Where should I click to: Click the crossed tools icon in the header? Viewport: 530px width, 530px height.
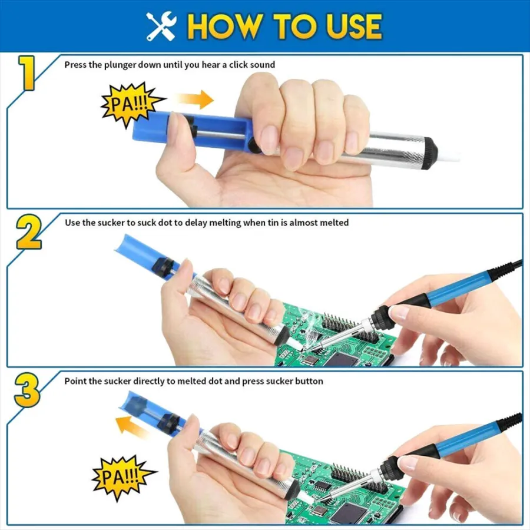point(161,26)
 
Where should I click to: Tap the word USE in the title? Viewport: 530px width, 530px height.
point(354,26)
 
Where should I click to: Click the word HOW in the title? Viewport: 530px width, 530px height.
point(225,26)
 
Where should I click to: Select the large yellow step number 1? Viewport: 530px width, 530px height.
point(27,73)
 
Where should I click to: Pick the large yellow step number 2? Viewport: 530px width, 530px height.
point(29,233)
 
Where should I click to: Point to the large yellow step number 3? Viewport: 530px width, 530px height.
point(27,390)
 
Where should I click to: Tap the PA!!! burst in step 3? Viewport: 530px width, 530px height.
point(123,477)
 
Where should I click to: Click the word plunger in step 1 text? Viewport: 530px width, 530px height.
point(120,65)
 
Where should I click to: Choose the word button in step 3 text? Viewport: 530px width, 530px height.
point(309,381)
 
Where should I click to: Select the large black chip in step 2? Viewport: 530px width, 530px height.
point(342,359)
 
